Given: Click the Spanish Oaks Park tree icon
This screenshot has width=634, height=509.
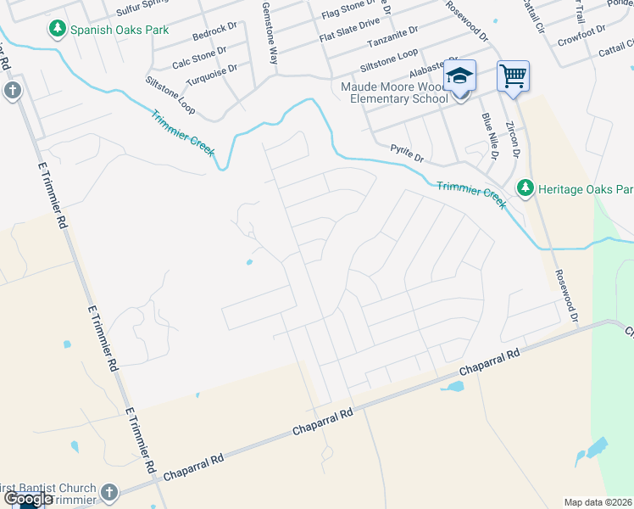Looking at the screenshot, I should pyautogui.click(x=58, y=30).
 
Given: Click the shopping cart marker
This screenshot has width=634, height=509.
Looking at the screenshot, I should pyautogui.click(x=513, y=76).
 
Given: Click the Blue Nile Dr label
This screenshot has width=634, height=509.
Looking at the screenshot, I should pyautogui.click(x=489, y=136).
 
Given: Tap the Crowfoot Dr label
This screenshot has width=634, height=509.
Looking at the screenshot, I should pyautogui.click(x=582, y=31).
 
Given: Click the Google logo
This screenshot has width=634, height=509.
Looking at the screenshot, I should pyautogui.click(x=27, y=500).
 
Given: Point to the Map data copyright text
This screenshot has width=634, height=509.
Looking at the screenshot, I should pyautogui.click(x=598, y=502).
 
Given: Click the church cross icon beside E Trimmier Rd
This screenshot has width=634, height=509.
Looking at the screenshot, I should pyautogui.click(x=12, y=91).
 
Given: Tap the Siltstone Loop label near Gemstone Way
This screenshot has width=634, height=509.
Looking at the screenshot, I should pyautogui.click(x=170, y=93).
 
